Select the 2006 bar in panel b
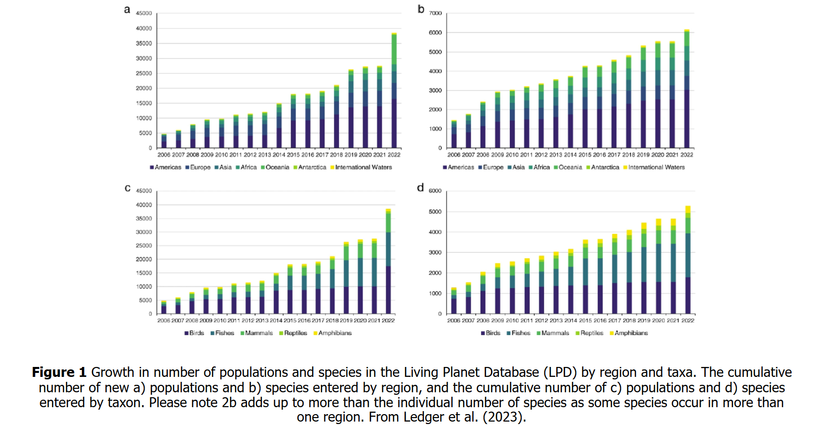pos(454,134)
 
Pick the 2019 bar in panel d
pos(644,268)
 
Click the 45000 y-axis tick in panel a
pos(144,13)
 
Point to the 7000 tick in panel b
pos(435,13)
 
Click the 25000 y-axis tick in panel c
pos(144,246)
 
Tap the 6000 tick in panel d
pos(435,191)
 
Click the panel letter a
pos(127,10)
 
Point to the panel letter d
pos(420,188)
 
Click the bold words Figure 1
pos(59,372)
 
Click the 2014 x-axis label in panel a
pos(279,155)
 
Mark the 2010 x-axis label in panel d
pos(512,321)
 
